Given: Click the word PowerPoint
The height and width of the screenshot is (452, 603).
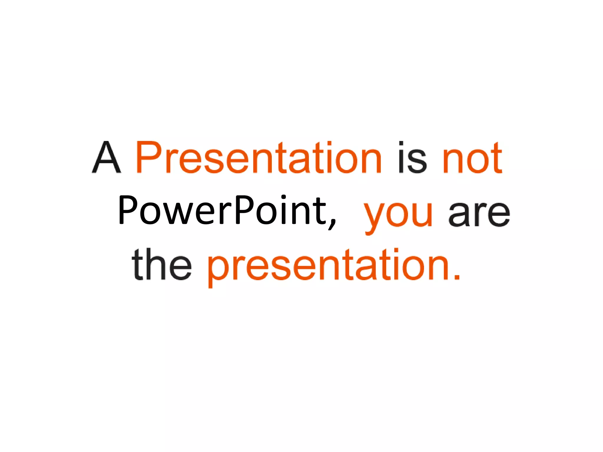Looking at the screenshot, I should (222, 210).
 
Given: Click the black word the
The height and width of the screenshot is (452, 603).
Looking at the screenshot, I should (162, 265).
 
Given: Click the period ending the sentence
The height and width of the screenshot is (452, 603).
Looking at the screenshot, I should (456, 277).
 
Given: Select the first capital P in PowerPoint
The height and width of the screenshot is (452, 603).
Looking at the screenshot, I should (127, 210).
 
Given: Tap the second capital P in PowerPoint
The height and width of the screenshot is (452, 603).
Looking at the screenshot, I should (243, 210).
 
